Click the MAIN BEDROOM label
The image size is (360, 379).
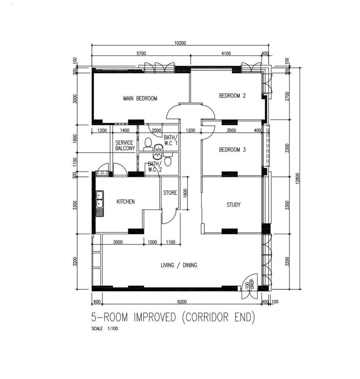pos(140,98)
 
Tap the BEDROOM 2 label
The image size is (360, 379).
pos(232,96)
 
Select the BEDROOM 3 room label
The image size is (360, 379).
pos(232,150)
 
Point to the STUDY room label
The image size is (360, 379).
pos(233,205)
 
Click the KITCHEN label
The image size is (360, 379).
pos(126,202)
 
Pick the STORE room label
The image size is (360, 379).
pos(170,192)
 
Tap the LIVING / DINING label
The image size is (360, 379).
pos(179,265)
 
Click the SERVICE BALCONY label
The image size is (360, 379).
pos(125,145)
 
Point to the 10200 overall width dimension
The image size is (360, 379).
pos(180,43)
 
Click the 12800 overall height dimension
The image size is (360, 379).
pos(297,178)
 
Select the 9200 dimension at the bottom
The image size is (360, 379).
pos(182,301)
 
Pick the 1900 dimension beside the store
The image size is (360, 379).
pos(185,193)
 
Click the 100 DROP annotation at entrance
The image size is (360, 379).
pos(249,284)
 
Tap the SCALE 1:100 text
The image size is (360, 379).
pos(105,329)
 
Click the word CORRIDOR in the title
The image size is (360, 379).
pos(207,317)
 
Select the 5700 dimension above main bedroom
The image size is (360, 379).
pos(141,53)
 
